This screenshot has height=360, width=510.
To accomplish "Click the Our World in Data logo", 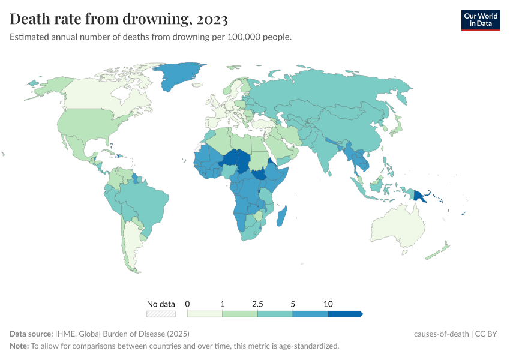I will click(x=480, y=20).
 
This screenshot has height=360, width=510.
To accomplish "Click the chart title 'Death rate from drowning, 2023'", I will click(x=119, y=19).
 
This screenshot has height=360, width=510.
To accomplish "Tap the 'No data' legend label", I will click(x=161, y=304).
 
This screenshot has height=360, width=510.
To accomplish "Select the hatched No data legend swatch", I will click(x=161, y=313).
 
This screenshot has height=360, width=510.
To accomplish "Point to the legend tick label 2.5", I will click(x=257, y=304).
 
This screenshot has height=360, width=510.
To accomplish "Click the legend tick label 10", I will click(x=328, y=304).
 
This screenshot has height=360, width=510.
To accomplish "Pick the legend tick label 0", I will click(x=188, y=304).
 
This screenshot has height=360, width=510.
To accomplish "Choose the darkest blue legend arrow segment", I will click(x=344, y=313).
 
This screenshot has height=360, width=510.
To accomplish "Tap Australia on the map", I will click(x=398, y=230).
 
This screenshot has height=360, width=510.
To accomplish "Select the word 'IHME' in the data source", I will click(x=64, y=334).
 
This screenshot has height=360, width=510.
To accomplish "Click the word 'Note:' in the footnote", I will click(x=20, y=346).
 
